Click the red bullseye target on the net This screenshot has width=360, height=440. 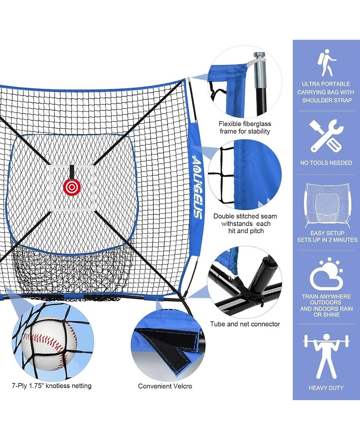(71, 185)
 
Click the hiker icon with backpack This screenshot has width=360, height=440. (326, 63)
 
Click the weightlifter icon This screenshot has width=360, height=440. (326, 355)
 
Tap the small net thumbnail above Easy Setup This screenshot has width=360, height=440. (326, 204)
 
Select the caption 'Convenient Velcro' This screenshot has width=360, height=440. (165, 386)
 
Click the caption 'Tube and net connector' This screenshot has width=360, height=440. (245, 324)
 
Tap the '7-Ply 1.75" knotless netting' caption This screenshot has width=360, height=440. (52, 386)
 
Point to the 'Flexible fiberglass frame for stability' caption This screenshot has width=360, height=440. (245, 127)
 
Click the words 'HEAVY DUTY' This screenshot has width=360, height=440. (326, 387)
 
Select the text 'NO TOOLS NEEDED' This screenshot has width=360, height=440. (326, 163)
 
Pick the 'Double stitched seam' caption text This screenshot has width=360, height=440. (245, 216)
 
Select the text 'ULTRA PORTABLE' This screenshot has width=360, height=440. (326, 84)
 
